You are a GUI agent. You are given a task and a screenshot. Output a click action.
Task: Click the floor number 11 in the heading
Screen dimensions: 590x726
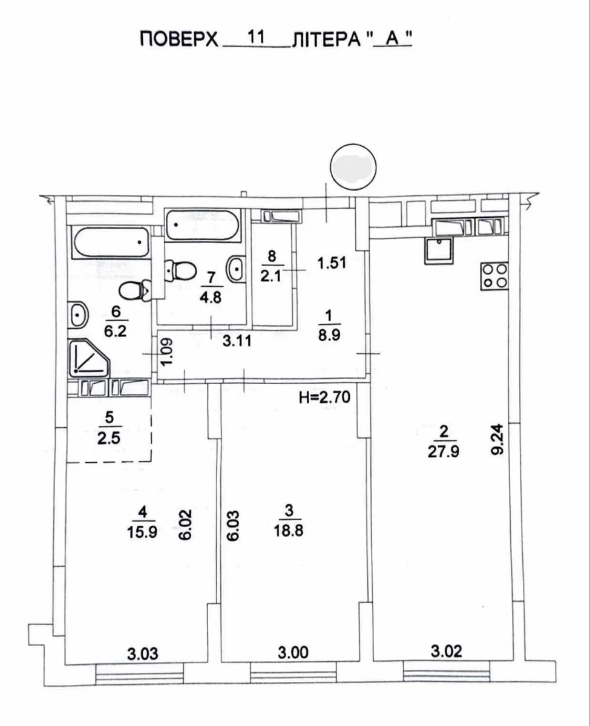tap(257, 37)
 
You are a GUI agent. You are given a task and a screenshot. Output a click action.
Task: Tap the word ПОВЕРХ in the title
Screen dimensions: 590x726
tap(179, 39)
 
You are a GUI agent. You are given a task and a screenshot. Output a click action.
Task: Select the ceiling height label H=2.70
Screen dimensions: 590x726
tap(325, 397)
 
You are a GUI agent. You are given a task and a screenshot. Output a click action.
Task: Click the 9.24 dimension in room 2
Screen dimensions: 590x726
tap(497, 439)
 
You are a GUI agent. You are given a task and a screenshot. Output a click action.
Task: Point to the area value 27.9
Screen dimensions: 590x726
tap(444, 452)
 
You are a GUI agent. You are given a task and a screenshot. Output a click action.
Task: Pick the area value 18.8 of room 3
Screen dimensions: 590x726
tap(289, 531)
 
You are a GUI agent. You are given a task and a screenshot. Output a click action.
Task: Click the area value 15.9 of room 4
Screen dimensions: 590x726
tap(142, 531)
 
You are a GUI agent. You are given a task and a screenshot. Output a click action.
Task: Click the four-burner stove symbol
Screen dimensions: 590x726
tap(494, 276)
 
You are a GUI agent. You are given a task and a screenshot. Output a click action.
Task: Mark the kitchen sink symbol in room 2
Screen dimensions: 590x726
tap(439, 251)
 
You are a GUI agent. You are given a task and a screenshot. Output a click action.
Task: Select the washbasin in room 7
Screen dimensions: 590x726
tap(236, 269)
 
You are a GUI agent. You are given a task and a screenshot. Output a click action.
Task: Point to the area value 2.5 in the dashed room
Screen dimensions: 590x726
tap(109, 439)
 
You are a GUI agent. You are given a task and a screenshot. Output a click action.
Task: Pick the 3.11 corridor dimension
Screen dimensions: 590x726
tap(237, 341)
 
